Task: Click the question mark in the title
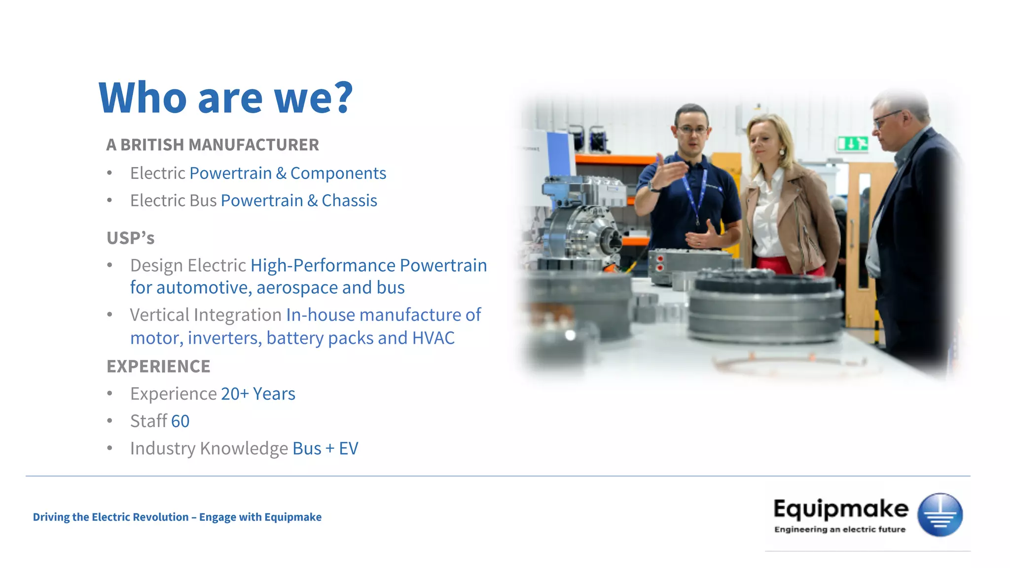point(340,97)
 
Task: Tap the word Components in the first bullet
point(338,173)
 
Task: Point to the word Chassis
point(349,201)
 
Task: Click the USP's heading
point(130,238)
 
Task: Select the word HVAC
point(433,338)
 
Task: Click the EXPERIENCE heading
point(158,366)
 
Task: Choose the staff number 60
point(180,421)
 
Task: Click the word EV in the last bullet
point(348,449)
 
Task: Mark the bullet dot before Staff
point(109,421)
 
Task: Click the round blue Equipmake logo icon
point(939,515)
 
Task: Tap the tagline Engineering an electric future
point(840,530)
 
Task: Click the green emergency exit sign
point(852,144)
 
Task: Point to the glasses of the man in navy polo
point(692,130)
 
